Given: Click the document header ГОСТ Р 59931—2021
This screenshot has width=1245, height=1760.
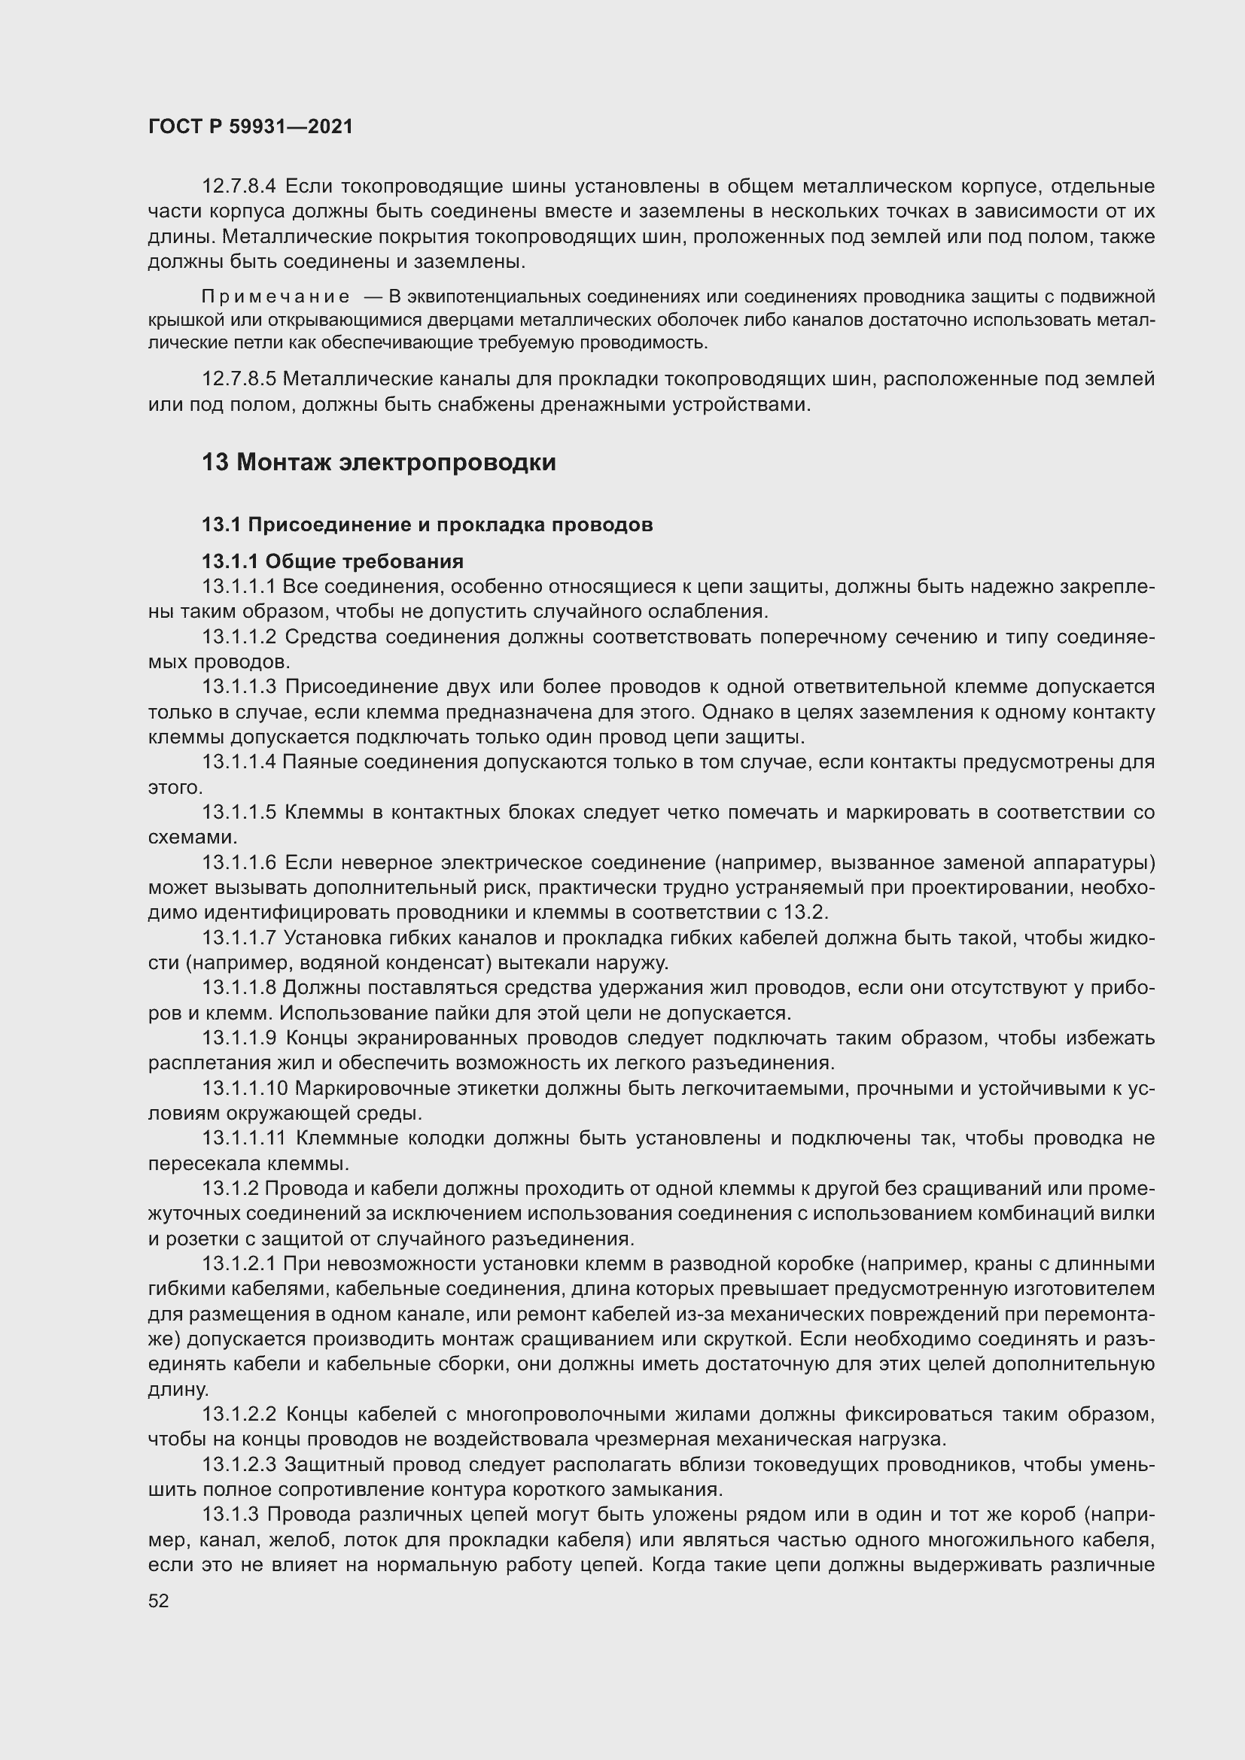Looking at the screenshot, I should click(x=251, y=127).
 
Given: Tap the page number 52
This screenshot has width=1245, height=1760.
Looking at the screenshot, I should click(x=159, y=1600).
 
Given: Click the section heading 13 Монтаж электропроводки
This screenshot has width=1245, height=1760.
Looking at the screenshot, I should click(x=379, y=463).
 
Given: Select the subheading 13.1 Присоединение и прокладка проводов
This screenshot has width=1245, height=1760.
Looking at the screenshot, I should click(x=427, y=525).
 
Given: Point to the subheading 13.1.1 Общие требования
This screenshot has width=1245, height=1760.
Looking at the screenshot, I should click(x=333, y=562).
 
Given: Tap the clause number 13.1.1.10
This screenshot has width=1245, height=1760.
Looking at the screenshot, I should click(x=245, y=1089).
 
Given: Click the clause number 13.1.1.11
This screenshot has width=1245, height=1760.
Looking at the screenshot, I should click(x=244, y=1138).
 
